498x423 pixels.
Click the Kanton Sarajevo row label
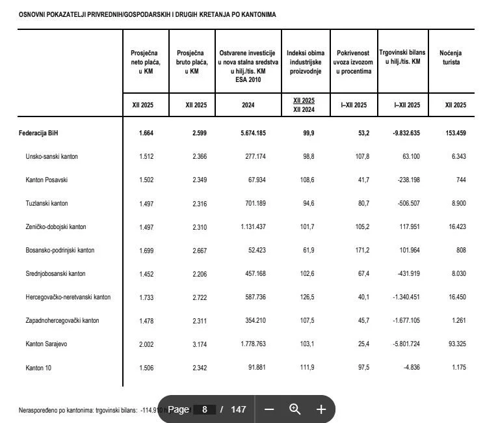(46, 344)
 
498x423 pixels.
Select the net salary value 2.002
(146, 344)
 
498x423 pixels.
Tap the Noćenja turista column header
(451, 57)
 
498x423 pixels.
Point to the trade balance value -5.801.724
(406, 344)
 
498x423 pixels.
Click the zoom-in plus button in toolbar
(321, 409)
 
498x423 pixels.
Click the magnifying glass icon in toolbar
(295, 409)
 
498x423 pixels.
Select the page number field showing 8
(205, 409)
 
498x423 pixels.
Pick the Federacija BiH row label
(38, 133)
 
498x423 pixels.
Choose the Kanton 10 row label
(38, 368)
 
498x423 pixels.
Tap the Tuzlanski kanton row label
(47, 204)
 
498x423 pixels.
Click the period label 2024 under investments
(247, 105)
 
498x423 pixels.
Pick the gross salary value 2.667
(200, 251)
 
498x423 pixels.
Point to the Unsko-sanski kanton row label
(52, 157)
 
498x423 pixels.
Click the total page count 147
(239, 409)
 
